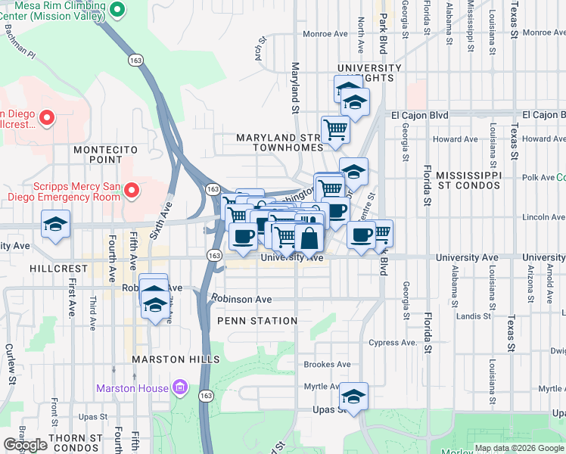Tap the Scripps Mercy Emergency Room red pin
click(132, 190)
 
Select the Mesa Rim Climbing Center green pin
click(117, 10)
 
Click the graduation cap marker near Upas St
click(353, 396)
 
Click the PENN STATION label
click(257, 321)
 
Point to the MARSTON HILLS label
click(176, 359)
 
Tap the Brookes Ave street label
click(327, 364)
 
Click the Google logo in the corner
click(25, 445)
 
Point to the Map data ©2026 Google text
click(519, 448)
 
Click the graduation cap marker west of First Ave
click(56, 224)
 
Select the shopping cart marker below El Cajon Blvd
click(334, 129)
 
